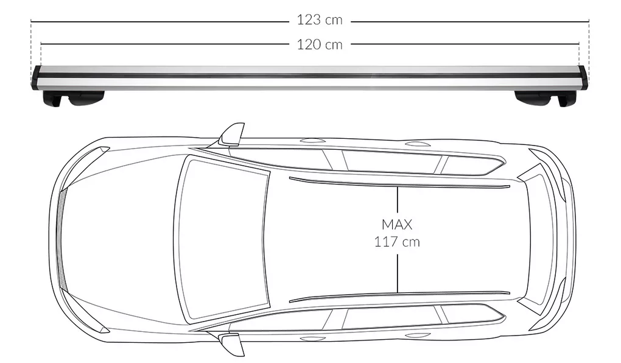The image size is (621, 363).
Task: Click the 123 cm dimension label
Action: [320, 20]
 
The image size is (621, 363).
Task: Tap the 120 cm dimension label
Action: [320, 44]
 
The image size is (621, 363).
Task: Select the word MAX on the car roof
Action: [397, 225]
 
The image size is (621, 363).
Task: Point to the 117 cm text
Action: [397, 242]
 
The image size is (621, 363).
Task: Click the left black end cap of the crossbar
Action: [37, 77]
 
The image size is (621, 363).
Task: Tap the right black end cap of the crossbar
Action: [583, 77]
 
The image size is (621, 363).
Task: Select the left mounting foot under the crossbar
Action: [73, 98]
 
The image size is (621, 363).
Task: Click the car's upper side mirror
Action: [232, 135]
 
